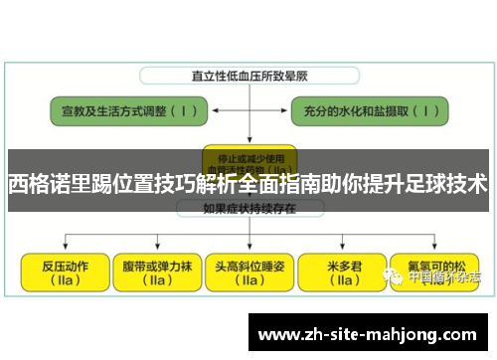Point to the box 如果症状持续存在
tap(245, 209)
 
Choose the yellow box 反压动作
tap(64, 272)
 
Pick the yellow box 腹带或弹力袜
tap(155, 272)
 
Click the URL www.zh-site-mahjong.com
tap(369, 333)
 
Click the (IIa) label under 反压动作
tap(64, 281)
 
